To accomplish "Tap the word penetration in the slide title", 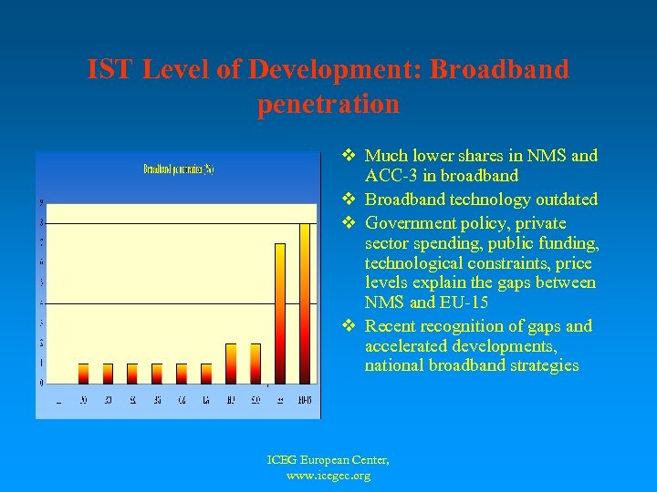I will tap(328, 105).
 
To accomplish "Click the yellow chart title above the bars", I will tap(178, 169).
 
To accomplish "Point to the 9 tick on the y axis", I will tap(39, 202).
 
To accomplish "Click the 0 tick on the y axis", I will tap(39, 384).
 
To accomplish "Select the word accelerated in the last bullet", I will tap(408, 346).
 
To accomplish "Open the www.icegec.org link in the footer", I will tap(328, 476).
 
